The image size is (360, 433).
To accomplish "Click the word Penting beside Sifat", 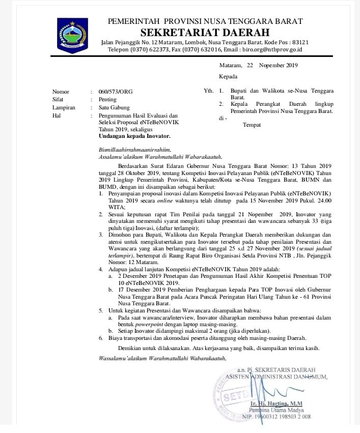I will [x=107, y=100].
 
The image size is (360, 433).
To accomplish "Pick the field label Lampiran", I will [x=64, y=107].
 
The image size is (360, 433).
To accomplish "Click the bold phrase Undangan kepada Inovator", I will [x=134, y=136].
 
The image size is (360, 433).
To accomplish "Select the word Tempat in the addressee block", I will [x=252, y=125].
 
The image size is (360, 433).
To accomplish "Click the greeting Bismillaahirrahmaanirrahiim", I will [x=131, y=150].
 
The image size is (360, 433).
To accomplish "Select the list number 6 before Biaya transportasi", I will [x=101, y=338].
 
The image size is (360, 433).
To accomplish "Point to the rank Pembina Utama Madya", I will [x=276, y=410].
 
